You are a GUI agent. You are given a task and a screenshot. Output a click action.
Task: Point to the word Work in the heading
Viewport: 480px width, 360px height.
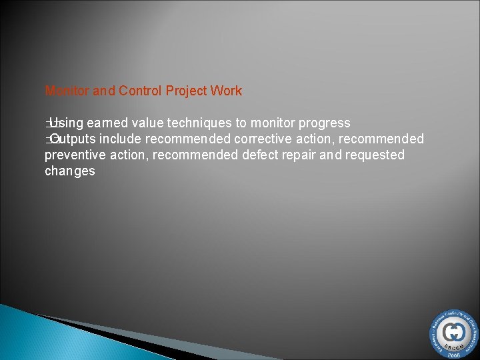[x=227, y=91]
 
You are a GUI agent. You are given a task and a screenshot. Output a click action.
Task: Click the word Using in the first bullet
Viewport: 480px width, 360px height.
[x=66, y=123]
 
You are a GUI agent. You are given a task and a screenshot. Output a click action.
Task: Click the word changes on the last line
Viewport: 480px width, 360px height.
[x=70, y=171]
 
